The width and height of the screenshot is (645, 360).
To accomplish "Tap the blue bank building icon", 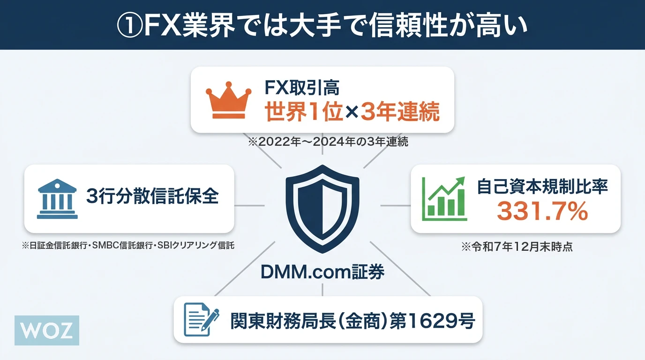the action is pyautogui.click(x=57, y=199).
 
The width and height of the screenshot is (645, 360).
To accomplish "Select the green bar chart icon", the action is pyautogui.click(x=444, y=199).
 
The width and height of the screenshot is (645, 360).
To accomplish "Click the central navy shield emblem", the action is pyautogui.click(x=322, y=209).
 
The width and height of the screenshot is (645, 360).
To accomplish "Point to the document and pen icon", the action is pyautogui.click(x=201, y=319).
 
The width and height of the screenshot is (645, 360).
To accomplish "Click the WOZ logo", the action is pyautogui.click(x=47, y=330).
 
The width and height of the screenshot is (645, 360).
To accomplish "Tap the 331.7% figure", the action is pyautogui.click(x=542, y=211).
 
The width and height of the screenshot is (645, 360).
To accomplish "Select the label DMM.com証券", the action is pyautogui.click(x=322, y=271).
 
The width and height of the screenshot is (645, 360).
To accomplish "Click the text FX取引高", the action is pyautogui.click(x=302, y=88).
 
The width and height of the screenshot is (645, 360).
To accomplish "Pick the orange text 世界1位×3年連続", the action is pyautogui.click(x=352, y=112).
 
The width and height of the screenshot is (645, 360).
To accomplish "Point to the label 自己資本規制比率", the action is pyautogui.click(x=542, y=187).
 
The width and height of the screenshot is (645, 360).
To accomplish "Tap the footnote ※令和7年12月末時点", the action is pyautogui.click(x=517, y=247).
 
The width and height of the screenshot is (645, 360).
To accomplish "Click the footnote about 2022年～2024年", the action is pyautogui.click(x=328, y=142).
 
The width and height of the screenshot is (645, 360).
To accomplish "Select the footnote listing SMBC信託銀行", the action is pyautogui.click(x=128, y=246).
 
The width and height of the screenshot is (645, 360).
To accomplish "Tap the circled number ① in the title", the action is pyautogui.click(x=129, y=25).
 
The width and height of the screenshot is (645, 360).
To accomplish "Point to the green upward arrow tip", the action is pyautogui.click(x=464, y=178).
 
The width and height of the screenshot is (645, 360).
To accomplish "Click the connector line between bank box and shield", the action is pyautogui.click(x=249, y=206).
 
